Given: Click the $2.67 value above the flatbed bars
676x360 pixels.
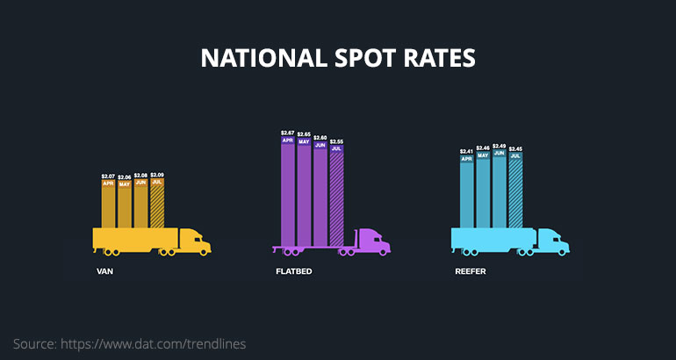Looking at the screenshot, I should click(x=287, y=133).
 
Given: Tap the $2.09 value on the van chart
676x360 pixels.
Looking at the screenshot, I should click(x=157, y=176).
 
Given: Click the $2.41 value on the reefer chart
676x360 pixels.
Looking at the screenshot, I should click(x=467, y=152).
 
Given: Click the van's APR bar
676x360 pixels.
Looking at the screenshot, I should click(x=109, y=206).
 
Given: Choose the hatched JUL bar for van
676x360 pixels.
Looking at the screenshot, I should click(x=157, y=206).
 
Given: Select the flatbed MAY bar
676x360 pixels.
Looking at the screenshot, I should click(x=304, y=193).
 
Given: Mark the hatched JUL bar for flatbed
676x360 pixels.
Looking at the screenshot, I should click(x=336, y=198).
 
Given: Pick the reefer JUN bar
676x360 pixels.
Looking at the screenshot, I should click(x=500, y=193).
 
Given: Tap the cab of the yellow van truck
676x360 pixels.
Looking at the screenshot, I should click(x=193, y=239).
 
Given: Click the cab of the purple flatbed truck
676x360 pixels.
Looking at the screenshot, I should click(x=374, y=240).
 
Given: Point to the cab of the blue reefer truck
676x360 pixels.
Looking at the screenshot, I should click(x=550, y=240).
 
